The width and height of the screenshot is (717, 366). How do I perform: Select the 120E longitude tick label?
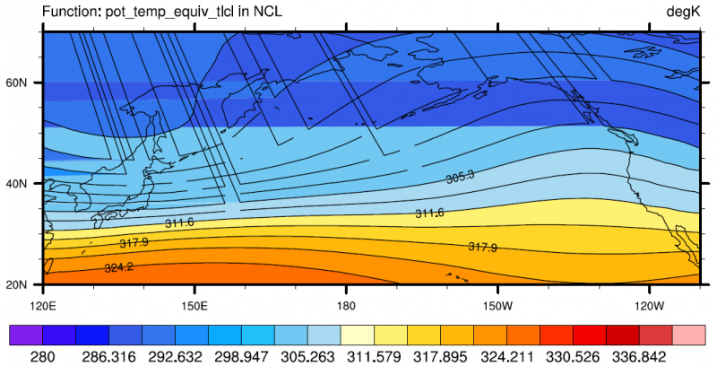(43, 304)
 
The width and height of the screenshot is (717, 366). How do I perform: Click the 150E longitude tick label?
(194, 304)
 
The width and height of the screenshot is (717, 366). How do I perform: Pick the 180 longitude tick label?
(345, 304)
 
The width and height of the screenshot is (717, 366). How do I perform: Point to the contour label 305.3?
(460, 178)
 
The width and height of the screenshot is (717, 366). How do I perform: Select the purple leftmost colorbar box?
(25, 335)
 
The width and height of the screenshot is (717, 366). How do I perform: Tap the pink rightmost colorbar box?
(690, 335)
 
